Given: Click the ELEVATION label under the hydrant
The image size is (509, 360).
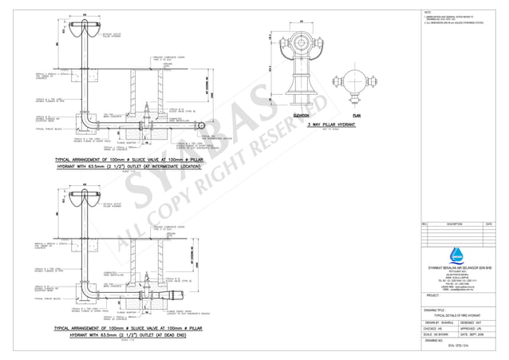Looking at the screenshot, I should point(302,116).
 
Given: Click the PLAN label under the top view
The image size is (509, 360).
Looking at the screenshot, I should point(357,116).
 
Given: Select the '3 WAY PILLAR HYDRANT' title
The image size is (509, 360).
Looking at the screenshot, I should point(329,125).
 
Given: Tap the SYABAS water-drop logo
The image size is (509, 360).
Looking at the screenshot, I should point(456,255).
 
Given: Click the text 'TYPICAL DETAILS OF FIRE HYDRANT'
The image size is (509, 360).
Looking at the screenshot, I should point(457,315).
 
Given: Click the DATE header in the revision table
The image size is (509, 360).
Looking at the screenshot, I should point(489,224).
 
